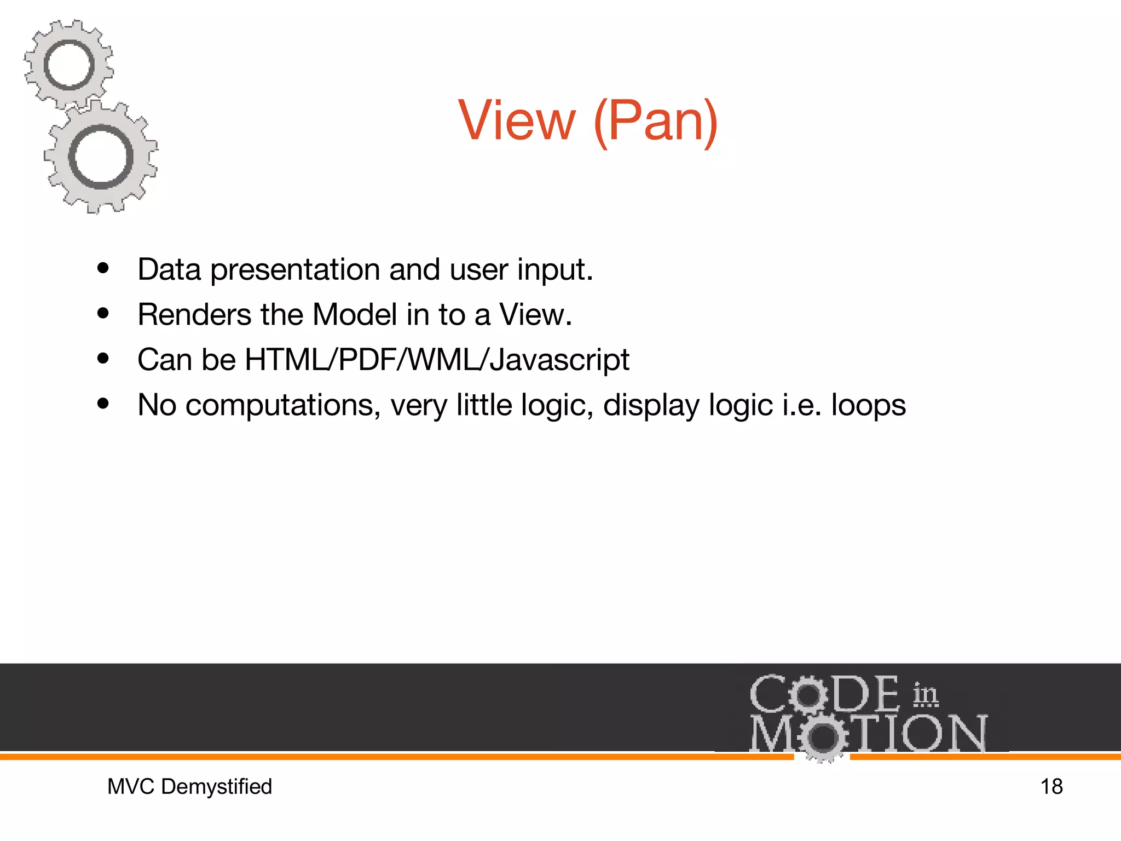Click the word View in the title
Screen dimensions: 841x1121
point(517,120)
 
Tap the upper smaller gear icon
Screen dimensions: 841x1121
point(68,65)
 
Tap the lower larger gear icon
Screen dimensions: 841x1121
point(101,157)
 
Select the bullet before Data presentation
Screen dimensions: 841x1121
point(103,269)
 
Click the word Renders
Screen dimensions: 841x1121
point(194,315)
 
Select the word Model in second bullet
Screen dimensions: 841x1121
point(355,315)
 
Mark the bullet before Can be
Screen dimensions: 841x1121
point(103,359)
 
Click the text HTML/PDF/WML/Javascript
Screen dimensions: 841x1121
point(437,360)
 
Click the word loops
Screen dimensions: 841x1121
point(868,406)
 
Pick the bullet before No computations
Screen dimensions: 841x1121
point(103,404)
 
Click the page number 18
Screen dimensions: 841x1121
point(1051,787)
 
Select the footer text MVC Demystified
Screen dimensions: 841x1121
point(189,787)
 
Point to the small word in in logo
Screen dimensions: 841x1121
point(925,695)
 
